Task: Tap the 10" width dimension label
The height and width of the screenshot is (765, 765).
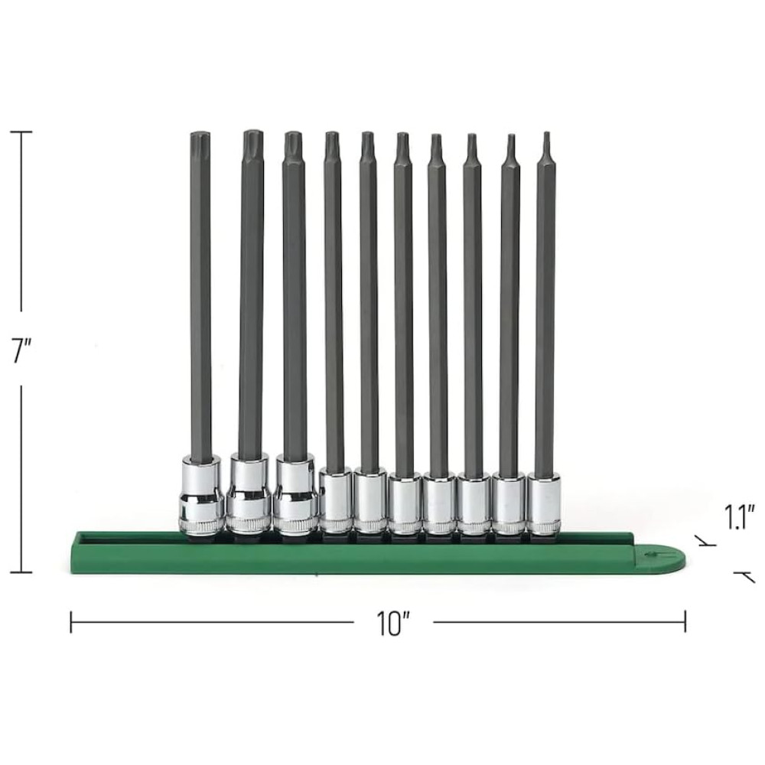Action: [393, 623]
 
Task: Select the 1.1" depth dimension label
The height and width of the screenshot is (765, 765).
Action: [740, 516]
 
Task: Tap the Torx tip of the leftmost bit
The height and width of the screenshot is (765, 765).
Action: [200, 139]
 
